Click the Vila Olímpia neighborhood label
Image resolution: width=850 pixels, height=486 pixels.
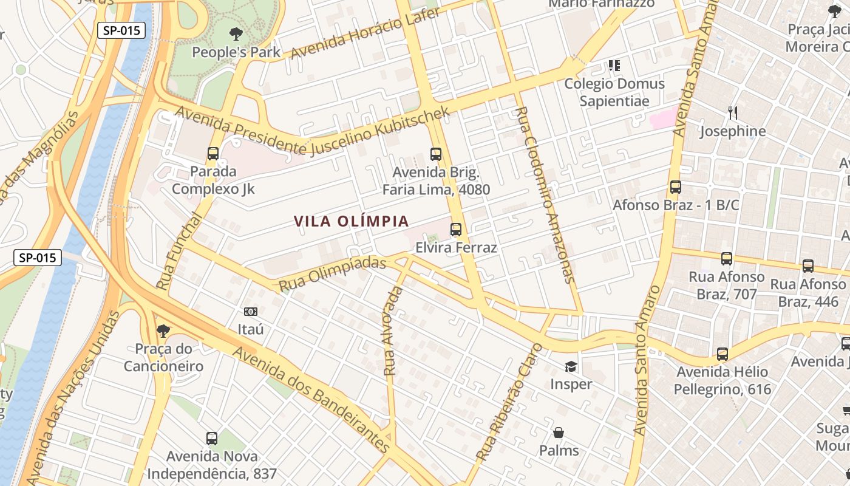click(352, 221)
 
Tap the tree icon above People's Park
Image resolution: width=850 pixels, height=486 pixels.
click(236, 33)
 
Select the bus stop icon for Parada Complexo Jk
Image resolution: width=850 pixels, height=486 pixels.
click(213, 154)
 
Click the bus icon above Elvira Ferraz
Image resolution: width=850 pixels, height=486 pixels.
click(456, 230)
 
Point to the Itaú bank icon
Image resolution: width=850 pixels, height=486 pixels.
click(250, 312)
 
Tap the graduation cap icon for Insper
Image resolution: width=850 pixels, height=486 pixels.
click(571, 366)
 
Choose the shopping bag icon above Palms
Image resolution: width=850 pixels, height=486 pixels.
click(559, 433)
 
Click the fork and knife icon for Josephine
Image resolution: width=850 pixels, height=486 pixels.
click(733, 113)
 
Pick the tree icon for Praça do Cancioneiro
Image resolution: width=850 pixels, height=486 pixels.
click(163, 331)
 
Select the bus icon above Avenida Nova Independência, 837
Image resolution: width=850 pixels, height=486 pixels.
click(212, 438)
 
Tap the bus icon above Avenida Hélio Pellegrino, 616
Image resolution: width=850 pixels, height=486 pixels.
click(722, 354)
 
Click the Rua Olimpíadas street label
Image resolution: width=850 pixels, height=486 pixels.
click(333, 273)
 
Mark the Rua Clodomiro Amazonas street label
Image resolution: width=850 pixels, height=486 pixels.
click(545, 194)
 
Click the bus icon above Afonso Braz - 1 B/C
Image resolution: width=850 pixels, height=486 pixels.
click(676, 187)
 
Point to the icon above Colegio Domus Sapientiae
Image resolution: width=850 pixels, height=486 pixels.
click(614, 65)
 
